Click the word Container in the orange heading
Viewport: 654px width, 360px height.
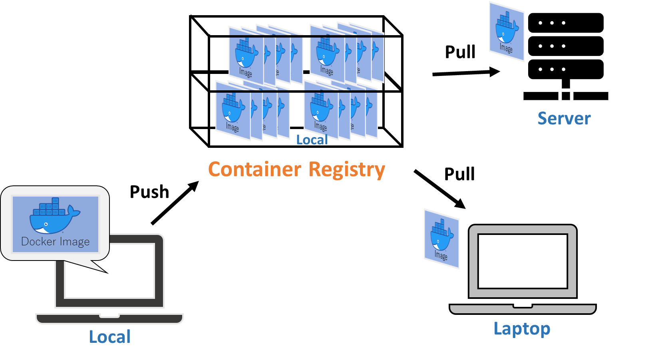[x=254, y=169]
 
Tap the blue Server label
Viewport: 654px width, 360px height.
[x=564, y=118]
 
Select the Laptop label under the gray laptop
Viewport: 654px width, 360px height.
[x=522, y=329]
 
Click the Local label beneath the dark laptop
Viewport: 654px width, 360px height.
[x=109, y=337]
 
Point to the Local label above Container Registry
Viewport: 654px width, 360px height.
[x=312, y=140]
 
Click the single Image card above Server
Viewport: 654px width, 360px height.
[x=507, y=32]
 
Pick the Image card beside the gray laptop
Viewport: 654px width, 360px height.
[x=441, y=239]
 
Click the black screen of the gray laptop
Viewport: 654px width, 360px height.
[x=523, y=261]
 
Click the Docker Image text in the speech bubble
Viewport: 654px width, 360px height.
[x=56, y=242]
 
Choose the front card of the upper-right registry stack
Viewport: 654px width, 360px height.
[x=327, y=56]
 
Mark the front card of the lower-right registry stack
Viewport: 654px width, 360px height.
[x=321, y=112]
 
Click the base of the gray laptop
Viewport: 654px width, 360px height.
[x=523, y=309]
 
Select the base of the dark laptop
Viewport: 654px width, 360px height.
[x=109, y=318]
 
